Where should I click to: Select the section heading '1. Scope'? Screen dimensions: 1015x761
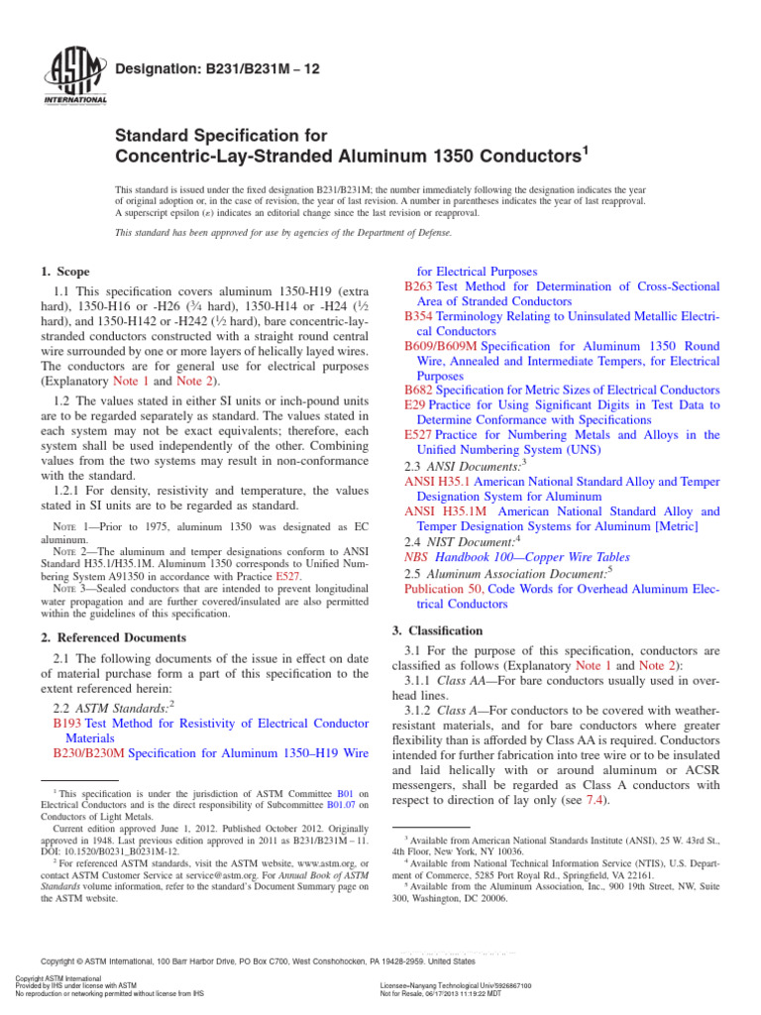(64, 272)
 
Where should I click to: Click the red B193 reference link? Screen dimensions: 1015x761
(66, 725)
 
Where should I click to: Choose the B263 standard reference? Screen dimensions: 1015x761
(418, 286)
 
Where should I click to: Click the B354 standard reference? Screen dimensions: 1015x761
(418, 315)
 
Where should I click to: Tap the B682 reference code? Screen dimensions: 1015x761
(418, 390)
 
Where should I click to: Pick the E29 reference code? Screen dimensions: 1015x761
(414, 405)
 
